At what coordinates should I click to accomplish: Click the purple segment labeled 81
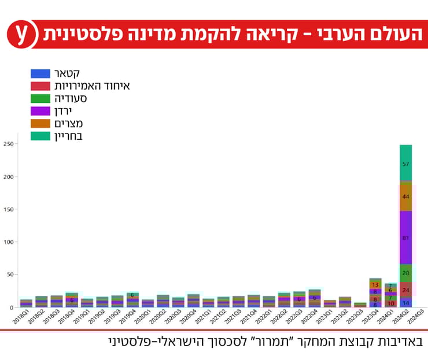[405, 237]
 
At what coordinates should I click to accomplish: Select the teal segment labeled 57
[405, 164]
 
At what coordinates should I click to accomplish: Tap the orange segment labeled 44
[405, 196]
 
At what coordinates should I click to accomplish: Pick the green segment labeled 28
[405, 273]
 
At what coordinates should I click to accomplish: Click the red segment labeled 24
[405, 290]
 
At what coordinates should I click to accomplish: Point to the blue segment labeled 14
[405, 303]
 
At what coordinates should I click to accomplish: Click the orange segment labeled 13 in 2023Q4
[375, 285]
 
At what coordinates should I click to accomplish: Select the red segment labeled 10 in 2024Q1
[390, 303]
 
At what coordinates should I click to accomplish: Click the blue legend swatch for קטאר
[40, 73]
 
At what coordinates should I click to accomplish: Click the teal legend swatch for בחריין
[40, 136]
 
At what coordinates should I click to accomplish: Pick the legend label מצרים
[67, 124]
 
